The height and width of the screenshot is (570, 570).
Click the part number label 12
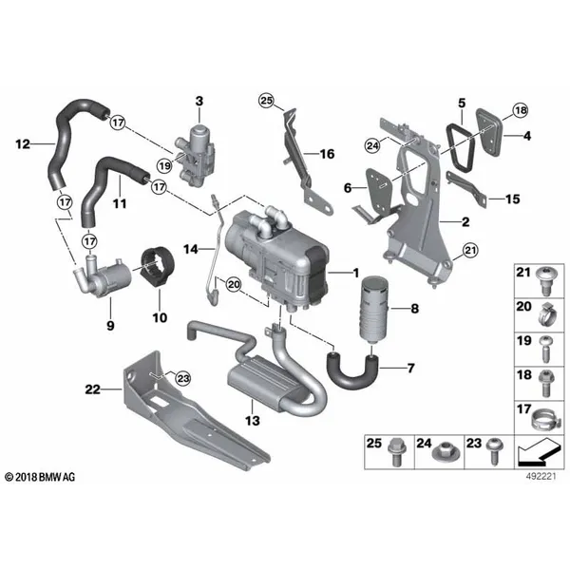23,144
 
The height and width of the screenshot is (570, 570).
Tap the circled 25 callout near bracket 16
266,101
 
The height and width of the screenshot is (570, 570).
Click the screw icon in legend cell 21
544,280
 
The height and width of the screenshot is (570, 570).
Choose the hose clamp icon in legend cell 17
544,418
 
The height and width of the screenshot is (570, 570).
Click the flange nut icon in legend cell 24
445,453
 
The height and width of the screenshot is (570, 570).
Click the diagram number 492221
541,477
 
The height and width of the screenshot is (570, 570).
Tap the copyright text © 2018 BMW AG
40,477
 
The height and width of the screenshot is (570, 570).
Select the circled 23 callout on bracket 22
182,379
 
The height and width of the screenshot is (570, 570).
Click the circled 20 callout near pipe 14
234,285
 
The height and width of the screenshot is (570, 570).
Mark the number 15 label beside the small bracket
513,199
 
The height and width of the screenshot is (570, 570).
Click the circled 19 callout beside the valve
164,166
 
